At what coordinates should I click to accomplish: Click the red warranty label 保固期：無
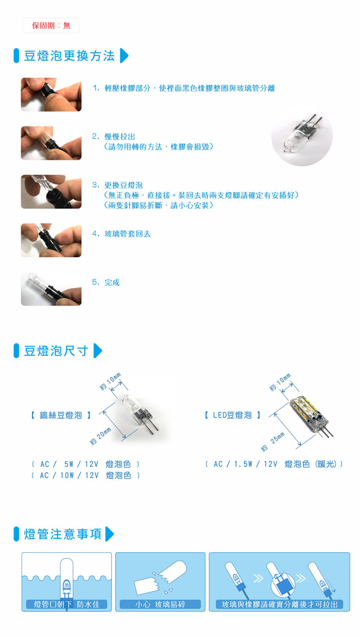click(51, 26)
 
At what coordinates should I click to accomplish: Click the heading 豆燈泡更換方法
click(69, 56)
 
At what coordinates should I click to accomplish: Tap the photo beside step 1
click(51, 95)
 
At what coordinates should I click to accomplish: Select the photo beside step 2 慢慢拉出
click(51, 143)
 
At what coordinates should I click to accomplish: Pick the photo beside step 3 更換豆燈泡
click(51, 192)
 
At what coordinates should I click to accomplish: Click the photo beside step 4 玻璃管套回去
click(51, 240)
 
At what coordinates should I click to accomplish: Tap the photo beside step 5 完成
click(51, 289)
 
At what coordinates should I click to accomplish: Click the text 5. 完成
click(105, 282)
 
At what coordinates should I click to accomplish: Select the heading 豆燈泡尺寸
click(56, 351)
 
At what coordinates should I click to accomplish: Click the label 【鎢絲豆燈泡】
click(61, 415)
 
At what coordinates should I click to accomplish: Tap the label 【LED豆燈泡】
click(232, 415)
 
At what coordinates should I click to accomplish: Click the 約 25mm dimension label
click(273, 442)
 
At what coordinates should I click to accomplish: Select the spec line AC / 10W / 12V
click(85, 475)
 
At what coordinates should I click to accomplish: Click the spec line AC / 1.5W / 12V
click(274, 464)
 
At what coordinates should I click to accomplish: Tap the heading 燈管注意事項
click(62, 534)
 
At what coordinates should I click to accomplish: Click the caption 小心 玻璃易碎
click(160, 604)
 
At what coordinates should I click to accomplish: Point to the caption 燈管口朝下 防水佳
click(67, 604)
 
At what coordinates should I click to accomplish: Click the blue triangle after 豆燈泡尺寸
click(98, 351)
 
